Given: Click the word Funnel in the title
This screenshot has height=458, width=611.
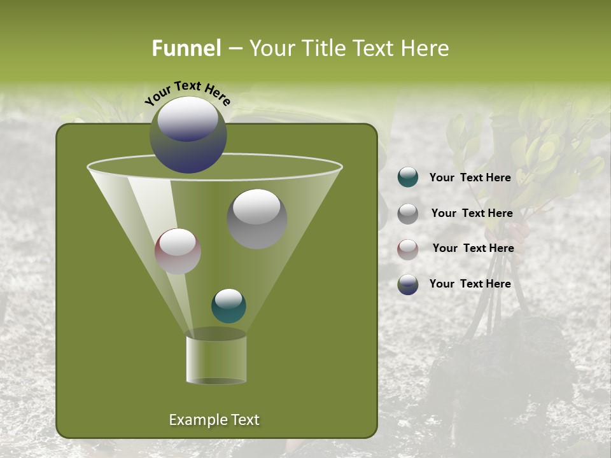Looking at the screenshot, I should [x=186, y=48].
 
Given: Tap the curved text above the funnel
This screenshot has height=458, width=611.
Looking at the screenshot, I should [x=188, y=92].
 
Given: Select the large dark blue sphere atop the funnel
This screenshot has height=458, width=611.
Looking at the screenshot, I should [x=188, y=135].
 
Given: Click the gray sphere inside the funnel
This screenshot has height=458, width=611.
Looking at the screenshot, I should [x=257, y=219].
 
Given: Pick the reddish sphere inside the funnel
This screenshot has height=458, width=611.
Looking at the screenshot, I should [x=178, y=251].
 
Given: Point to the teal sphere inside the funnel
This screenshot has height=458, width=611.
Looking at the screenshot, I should [x=228, y=306].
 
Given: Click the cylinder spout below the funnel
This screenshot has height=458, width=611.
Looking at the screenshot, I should [x=216, y=359].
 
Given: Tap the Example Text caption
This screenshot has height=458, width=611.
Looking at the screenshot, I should [x=214, y=420].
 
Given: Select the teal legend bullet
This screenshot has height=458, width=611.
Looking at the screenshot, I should [x=408, y=177].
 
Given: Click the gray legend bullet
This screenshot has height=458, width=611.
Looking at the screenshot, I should [x=408, y=214].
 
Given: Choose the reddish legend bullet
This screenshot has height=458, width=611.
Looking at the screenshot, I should [x=408, y=249].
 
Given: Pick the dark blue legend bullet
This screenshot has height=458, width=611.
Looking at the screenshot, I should [x=408, y=284].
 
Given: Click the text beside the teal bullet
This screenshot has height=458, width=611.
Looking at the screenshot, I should [x=470, y=178].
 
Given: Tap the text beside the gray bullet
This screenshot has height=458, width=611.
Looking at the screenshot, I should [x=472, y=214].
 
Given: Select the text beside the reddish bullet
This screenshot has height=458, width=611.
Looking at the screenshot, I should [x=473, y=248].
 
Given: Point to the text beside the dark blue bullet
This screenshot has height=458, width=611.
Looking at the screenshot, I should [x=470, y=284].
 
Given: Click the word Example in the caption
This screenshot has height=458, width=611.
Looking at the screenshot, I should [x=193, y=420].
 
